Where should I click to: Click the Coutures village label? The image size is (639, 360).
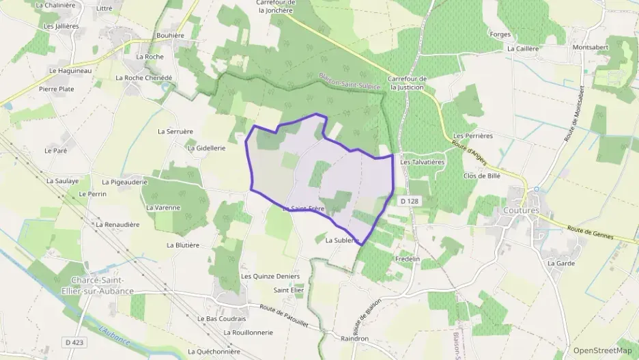(522, 210)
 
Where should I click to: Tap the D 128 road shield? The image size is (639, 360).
(409, 202)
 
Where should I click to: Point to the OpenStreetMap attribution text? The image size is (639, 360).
(602, 350)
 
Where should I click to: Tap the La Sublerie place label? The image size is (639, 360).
(342, 240)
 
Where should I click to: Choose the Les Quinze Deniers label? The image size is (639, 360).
(270, 276)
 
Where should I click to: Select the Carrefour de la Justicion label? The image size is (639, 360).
(408, 83)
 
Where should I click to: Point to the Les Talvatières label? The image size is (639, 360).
(423, 162)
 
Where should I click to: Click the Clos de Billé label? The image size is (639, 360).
(482, 176)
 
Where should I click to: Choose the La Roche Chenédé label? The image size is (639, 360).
(144, 78)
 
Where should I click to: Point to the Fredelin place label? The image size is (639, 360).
(408, 260)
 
